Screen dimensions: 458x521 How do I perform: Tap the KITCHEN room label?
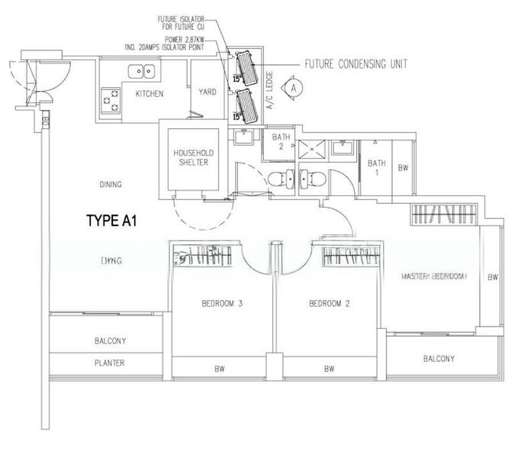150,93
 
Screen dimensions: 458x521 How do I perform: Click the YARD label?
207,92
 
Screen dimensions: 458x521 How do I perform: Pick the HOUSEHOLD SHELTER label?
191,156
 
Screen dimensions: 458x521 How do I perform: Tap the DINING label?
111,184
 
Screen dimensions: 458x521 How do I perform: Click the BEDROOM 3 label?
222,304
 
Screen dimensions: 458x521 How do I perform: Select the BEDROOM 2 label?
329,304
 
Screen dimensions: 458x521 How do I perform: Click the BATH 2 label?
279,141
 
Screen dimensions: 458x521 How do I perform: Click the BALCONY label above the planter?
110,341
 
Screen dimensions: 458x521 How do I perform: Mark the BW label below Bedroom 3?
222,369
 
